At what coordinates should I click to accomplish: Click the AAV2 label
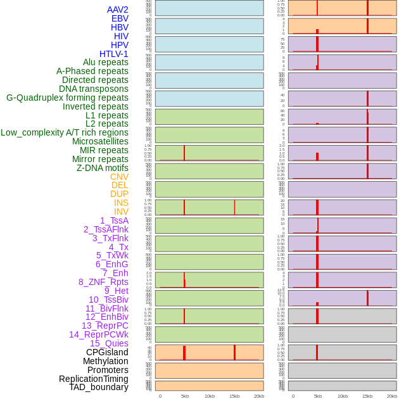click(x=118, y=10)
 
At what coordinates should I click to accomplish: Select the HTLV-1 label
click(x=114, y=54)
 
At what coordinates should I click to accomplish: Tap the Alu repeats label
click(x=106, y=63)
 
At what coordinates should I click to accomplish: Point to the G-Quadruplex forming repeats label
click(x=67, y=98)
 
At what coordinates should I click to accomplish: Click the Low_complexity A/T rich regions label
click(x=65, y=132)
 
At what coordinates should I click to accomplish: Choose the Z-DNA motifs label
click(x=103, y=168)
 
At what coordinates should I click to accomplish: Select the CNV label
click(x=119, y=177)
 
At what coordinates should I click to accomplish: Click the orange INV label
click(x=121, y=212)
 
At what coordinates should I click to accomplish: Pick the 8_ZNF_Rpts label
click(x=103, y=282)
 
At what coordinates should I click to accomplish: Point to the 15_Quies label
click(x=109, y=343)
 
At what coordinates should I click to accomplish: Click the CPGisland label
click(x=107, y=352)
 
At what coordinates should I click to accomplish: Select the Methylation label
click(x=106, y=361)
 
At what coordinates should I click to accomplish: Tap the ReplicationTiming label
click(x=94, y=379)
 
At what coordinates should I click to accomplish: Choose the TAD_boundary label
click(x=99, y=387)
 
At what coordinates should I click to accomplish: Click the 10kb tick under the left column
click(x=210, y=396)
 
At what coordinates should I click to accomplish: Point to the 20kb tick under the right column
click(x=392, y=396)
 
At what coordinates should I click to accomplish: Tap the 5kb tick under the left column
click(x=185, y=396)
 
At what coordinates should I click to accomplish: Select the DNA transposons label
click(x=94, y=89)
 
